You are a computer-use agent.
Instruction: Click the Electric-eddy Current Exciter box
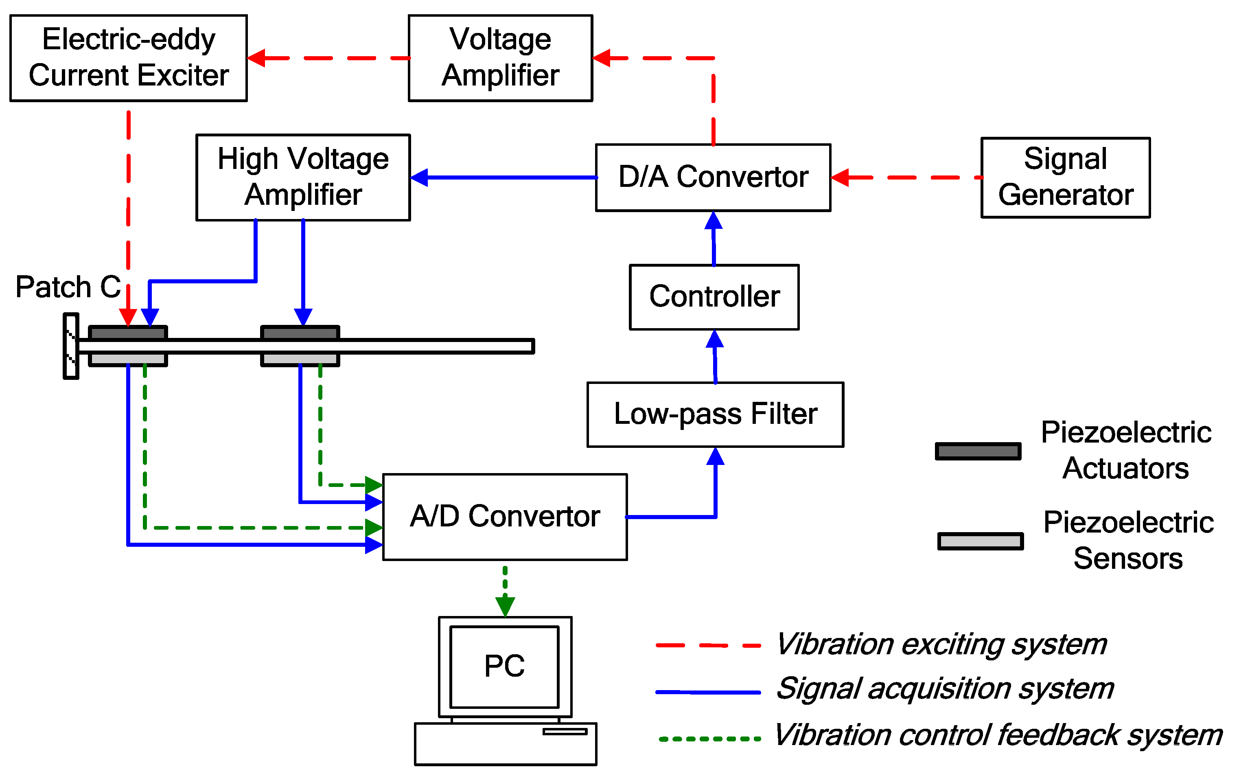pyautogui.click(x=128, y=58)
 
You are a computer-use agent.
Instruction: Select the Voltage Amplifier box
pyautogui.click(x=500, y=58)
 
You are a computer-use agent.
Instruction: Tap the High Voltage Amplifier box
pyautogui.click(x=303, y=178)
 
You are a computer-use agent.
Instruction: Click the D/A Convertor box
pyautogui.click(x=713, y=178)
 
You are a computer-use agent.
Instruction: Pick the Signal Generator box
pyautogui.click(x=1065, y=178)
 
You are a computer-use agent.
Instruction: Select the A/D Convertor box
pyautogui.click(x=504, y=517)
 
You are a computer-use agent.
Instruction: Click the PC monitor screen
pyautogui.click(x=504, y=666)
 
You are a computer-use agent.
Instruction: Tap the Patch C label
pyautogui.click(x=68, y=287)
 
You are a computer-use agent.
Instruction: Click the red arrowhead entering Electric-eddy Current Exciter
pyautogui.click(x=256, y=58)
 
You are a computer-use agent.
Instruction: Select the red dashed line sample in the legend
pyautogui.click(x=707, y=645)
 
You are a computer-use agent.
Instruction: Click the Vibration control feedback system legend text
pyautogui.click(x=998, y=735)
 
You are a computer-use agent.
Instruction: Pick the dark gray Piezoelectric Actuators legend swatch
pyautogui.click(x=977, y=451)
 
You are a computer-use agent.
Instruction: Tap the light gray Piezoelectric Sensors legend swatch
pyautogui.click(x=980, y=541)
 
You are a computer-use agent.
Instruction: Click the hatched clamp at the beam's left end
pyautogui.click(x=71, y=346)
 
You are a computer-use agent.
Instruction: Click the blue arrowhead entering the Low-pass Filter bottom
pyautogui.click(x=715, y=456)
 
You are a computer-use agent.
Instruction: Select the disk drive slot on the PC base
pyautogui.click(x=565, y=731)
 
